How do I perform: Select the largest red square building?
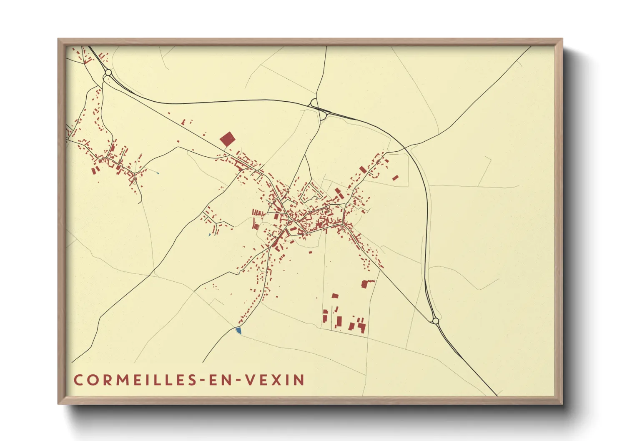tap(227, 139)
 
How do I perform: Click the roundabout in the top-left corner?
tap(108, 73)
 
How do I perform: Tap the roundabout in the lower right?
tap(436, 321)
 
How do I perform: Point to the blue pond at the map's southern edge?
tap(238, 330)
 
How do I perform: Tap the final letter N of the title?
tap(299, 380)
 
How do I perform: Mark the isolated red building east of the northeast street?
tap(396, 178)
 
